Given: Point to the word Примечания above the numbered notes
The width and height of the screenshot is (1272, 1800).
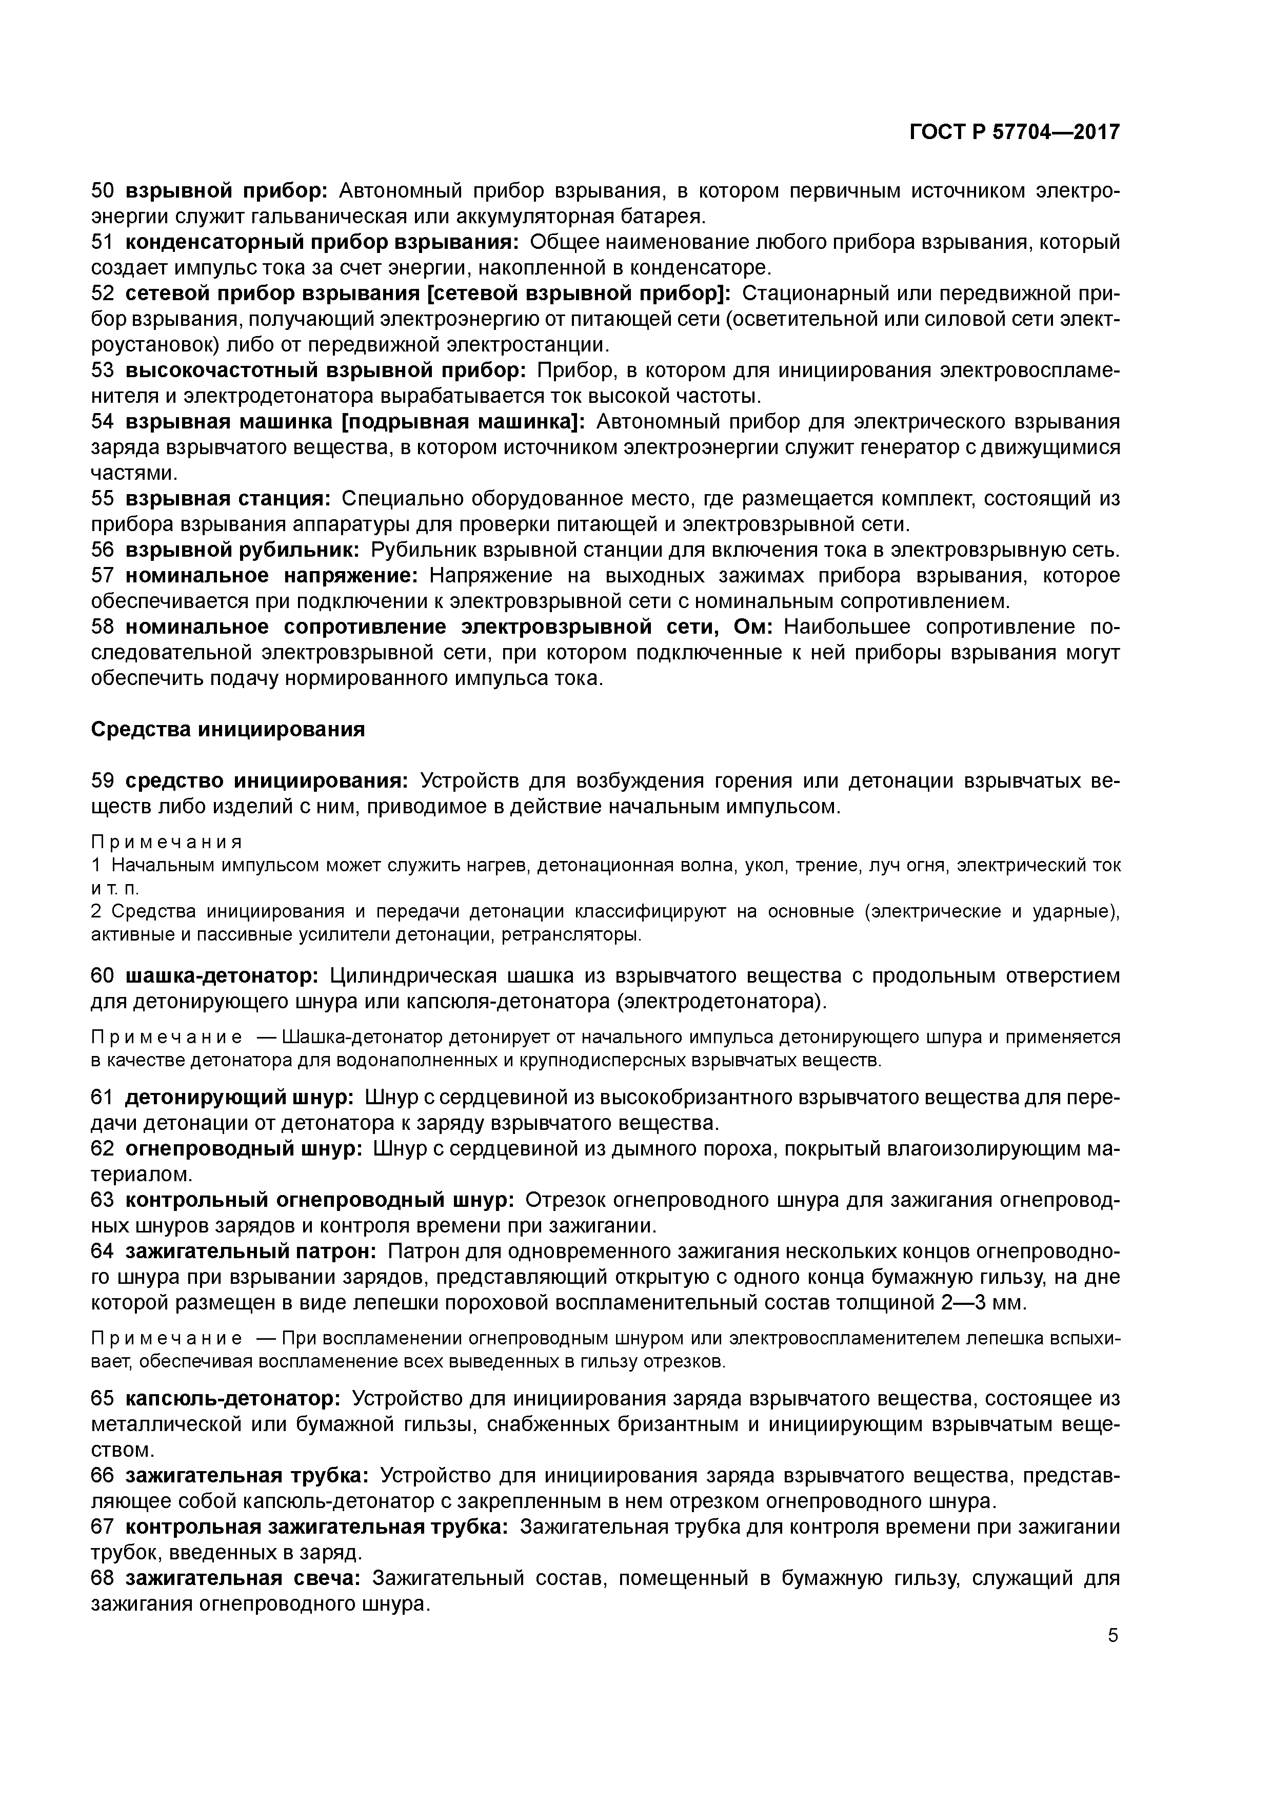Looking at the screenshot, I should (166, 842).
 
